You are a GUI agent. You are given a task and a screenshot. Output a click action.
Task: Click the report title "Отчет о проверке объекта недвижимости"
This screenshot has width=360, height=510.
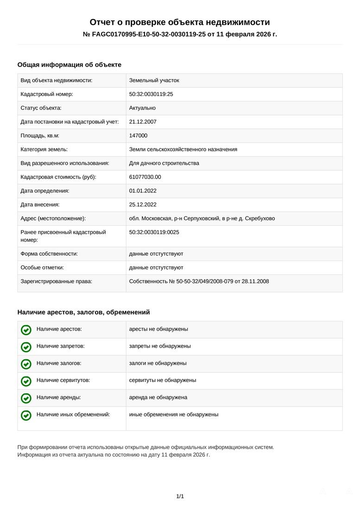(180, 22)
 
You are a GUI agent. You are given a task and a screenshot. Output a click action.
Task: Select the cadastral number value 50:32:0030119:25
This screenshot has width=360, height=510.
(151, 94)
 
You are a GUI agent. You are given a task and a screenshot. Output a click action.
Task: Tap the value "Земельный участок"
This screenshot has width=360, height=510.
(154, 80)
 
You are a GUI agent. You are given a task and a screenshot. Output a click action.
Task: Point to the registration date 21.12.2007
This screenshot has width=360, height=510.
(143, 122)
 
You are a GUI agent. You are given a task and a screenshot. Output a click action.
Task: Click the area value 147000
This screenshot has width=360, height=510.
(139, 135)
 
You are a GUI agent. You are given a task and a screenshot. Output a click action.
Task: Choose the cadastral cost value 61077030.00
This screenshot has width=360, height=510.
(145, 177)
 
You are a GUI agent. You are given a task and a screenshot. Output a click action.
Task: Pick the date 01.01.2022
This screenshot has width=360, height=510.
(143, 191)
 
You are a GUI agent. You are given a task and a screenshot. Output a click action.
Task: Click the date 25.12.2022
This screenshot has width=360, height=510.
(143, 204)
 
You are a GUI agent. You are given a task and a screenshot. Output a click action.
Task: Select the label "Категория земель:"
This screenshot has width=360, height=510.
(44, 149)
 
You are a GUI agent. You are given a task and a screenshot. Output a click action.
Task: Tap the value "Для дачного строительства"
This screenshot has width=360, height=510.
(164, 163)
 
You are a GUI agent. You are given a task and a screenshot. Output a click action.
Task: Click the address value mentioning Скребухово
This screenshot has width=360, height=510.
(202, 218)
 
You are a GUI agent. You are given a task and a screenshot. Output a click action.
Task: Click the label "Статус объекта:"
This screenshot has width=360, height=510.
(41, 108)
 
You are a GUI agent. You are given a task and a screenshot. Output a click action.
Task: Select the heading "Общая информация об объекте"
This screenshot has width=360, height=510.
(69, 65)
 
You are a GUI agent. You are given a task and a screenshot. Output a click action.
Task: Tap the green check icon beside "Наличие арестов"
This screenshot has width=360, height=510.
(26, 330)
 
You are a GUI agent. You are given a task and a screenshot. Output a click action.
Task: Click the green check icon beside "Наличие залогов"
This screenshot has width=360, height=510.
(26, 364)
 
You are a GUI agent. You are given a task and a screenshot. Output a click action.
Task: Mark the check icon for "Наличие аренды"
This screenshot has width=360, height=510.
(26, 398)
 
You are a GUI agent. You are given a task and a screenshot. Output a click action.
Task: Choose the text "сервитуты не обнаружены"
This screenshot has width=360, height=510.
(163, 380)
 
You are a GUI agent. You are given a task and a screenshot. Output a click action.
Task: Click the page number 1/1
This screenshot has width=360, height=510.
(180, 497)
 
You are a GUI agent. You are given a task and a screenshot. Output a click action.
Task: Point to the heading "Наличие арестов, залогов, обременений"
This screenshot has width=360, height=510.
(84, 312)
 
